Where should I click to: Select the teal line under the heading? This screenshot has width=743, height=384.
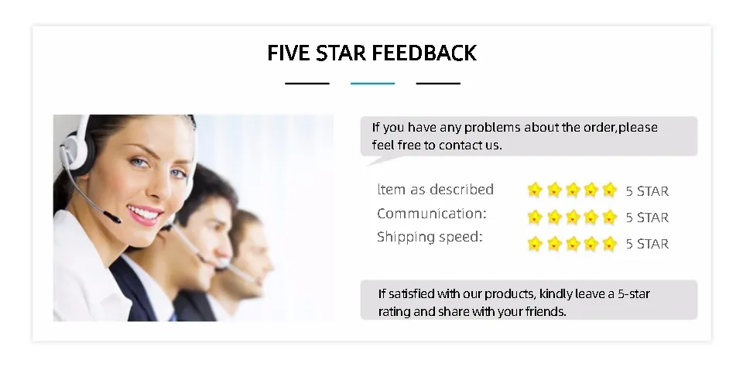pyautogui.click(x=372, y=84)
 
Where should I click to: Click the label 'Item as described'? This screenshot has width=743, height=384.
pyautogui.click(x=436, y=189)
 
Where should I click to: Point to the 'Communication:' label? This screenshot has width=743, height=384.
pyautogui.click(x=432, y=214)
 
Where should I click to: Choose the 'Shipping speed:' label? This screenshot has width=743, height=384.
pyautogui.click(x=430, y=237)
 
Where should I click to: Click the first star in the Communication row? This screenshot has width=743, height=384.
pyautogui.click(x=535, y=217)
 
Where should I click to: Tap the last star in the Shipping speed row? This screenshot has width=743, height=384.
pyautogui.click(x=609, y=244)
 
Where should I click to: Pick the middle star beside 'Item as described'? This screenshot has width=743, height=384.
pyautogui.click(x=573, y=190)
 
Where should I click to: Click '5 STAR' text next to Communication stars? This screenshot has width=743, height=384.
pyautogui.click(x=647, y=218)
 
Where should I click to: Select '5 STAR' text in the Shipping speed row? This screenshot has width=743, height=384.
pyautogui.click(x=647, y=244)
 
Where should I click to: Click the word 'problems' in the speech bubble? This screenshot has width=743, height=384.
pyautogui.click(x=492, y=128)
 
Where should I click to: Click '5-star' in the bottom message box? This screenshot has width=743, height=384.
pyautogui.click(x=634, y=294)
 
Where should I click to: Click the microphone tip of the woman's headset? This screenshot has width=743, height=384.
pyautogui.click(x=113, y=218)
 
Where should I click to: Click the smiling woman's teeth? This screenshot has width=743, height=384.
pyautogui.click(x=144, y=214)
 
